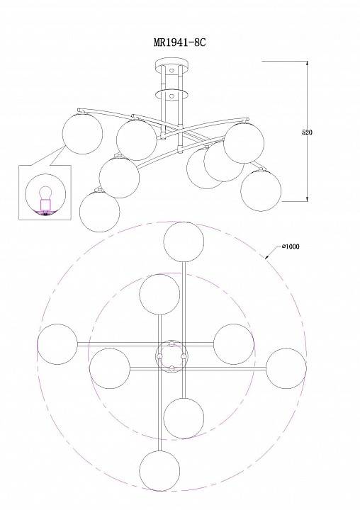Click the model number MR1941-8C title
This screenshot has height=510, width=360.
tap(180, 42)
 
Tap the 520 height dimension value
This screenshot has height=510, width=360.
tap(307, 132)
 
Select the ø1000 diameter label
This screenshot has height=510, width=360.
tap(291, 246)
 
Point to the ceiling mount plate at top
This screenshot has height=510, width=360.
tap(172, 63)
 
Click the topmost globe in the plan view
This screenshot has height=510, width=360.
tap(184, 242)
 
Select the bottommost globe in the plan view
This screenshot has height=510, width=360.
tap(159, 470)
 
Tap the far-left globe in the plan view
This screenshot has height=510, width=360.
tap(57, 344)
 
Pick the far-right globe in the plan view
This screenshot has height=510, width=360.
tap(286, 368)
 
